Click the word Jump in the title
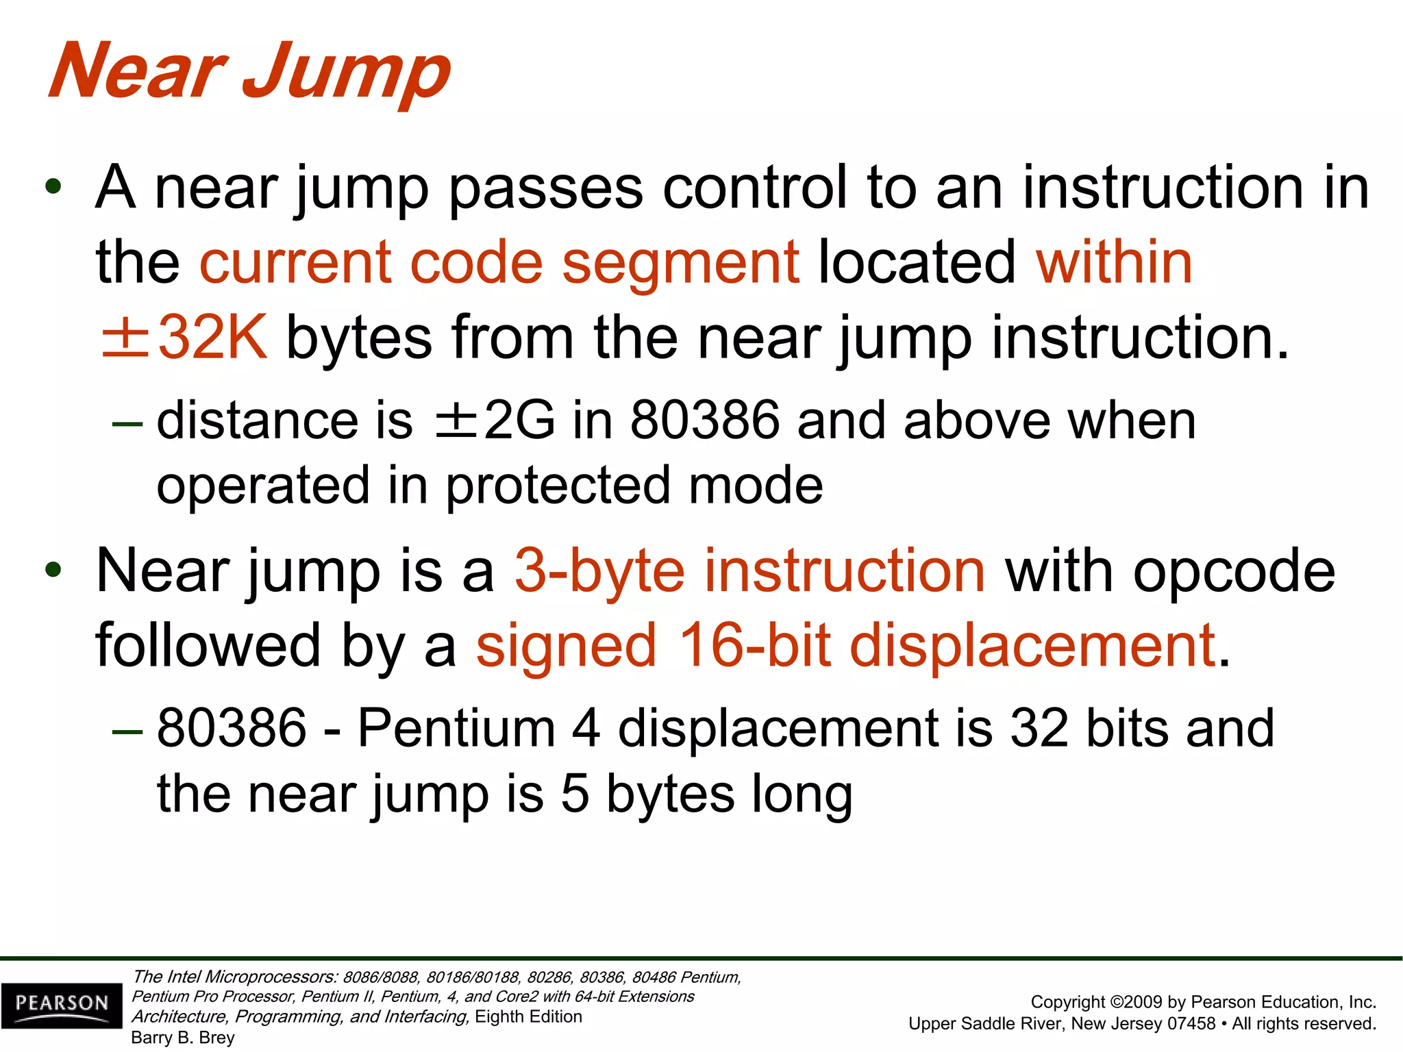click(x=346, y=72)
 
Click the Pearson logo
click(x=62, y=1005)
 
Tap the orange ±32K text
click(x=184, y=337)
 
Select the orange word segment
click(x=680, y=264)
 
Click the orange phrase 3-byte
click(x=599, y=572)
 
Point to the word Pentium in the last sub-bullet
click(x=456, y=728)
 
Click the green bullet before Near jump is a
click(x=53, y=571)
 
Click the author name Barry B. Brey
click(x=183, y=1038)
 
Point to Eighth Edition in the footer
click(x=528, y=1016)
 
